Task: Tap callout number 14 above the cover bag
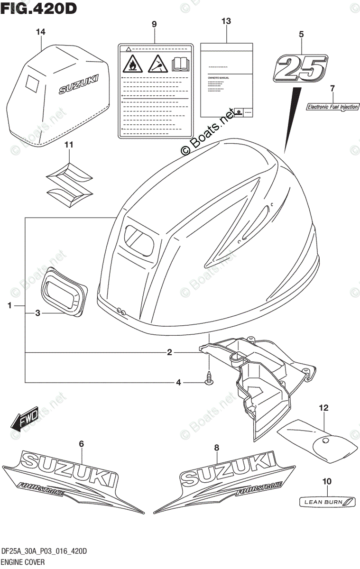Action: click(x=41, y=32)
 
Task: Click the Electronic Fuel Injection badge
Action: click(x=332, y=107)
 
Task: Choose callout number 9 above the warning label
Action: click(x=154, y=24)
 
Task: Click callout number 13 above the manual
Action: click(x=226, y=21)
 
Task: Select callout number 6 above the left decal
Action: click(x=81, y=443)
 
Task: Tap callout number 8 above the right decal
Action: click(x=216, y=447)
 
